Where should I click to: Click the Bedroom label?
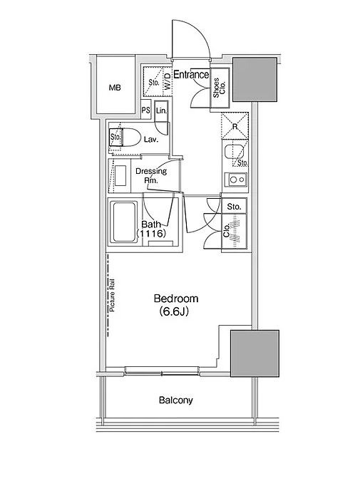[x=176, y=298]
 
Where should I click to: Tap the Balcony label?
[x=176, y=400]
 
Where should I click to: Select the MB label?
[x=115, y=88]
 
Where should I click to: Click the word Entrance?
[x=191, y=75]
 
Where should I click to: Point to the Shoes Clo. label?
[x=220, y=88]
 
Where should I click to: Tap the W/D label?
[x=168, y=81]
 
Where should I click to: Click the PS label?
[x=145, y=110]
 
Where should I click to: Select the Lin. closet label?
[x=161, y=110]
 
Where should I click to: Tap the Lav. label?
[x=151, y=140]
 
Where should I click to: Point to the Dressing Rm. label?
[x=151, y=175]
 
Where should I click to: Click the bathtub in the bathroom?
[x=123, y=222]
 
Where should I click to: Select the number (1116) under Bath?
[x=151, y=234]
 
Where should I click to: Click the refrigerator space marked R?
[x=235, y=126]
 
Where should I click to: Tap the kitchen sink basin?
[x=234, y=152]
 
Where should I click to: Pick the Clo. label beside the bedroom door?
[x=227, y=231]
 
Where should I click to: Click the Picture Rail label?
[x=112, y=295]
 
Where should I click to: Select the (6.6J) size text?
[x=174, y=311]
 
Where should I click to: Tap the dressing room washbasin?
[x=120, y=175]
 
